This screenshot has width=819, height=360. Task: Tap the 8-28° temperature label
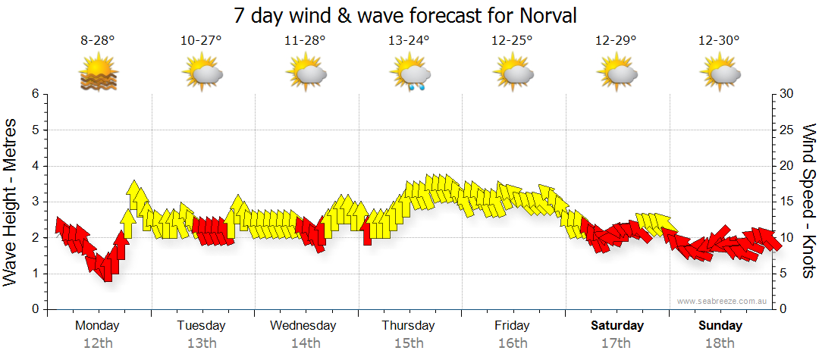pos(98,41)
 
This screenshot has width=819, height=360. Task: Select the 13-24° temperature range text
pos(409,41)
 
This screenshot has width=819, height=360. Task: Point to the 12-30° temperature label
pos(720,41)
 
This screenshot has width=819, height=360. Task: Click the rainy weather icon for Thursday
pos(412,75)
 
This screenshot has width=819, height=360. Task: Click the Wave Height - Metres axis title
pos(11,202)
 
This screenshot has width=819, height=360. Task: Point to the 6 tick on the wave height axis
pos(35,94)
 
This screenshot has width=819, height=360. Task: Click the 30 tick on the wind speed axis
pos(787,94)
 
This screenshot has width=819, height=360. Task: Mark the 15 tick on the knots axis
pos(787,202)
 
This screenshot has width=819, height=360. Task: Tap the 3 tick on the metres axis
pos(35,202)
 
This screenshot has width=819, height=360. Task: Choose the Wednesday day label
pos(303,326)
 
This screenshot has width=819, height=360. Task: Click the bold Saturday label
pos(617,326)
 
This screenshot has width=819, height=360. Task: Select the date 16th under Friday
pos(513,343)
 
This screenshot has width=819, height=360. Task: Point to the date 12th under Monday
pos(97,343)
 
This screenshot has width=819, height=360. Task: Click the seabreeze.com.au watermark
pos(723,302)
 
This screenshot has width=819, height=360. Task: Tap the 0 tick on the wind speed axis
pos(784,309)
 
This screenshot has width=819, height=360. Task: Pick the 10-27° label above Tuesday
pos(201,41)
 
